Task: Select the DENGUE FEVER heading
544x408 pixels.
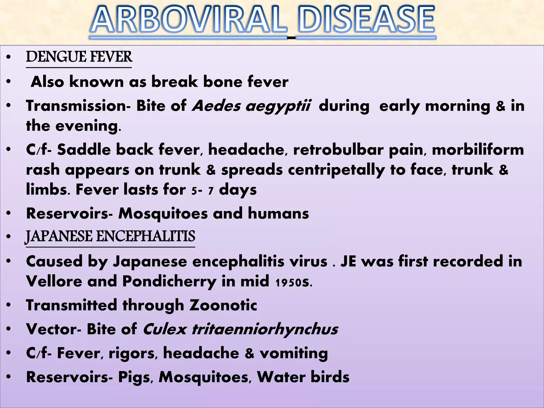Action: (x=79, y=57)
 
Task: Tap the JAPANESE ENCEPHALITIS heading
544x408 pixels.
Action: (x=110, y=236)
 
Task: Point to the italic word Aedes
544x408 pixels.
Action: (x=216, y=106)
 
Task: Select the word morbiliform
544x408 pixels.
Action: (x=478, y=150)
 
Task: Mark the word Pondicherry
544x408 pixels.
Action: (x=169, y=282)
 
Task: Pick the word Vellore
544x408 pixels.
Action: (x=54, y=281)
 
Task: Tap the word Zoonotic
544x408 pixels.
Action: (x=223, y=305)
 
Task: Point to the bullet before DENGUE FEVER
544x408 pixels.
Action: (x=9, y=57)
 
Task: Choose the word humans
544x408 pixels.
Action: (x=278, y=214)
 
